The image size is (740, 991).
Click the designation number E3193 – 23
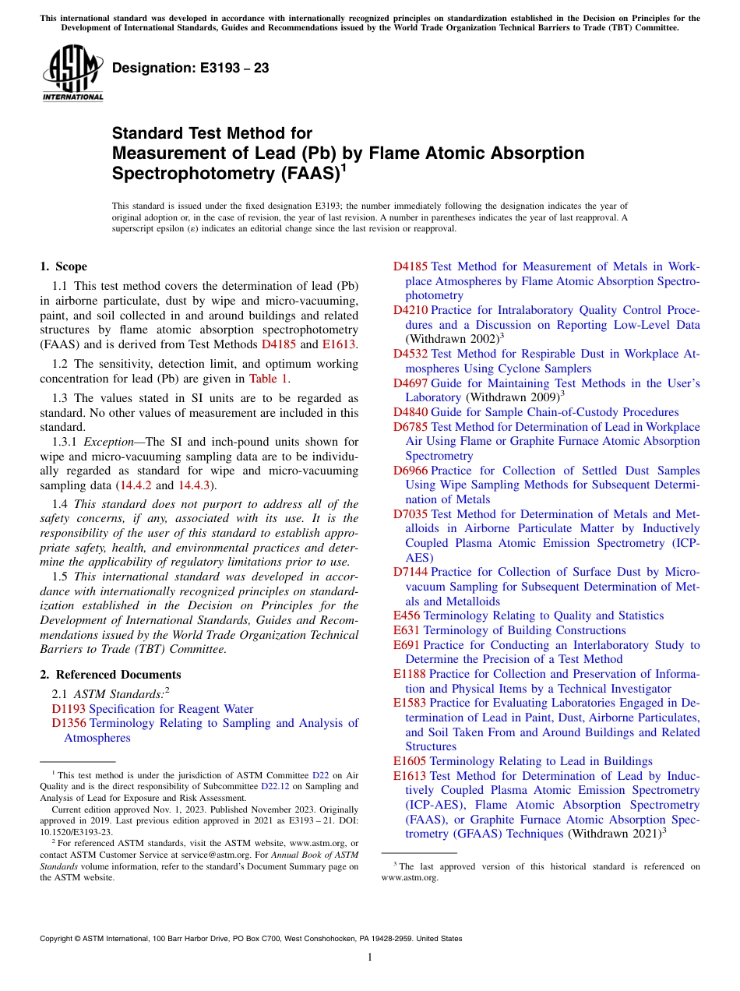click(x=191, y=69)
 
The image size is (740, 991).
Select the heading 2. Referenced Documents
click(x=111, y=675)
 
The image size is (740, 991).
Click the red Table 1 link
click(x=269, y=379)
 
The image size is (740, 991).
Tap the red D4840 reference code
click(x=410, y=412)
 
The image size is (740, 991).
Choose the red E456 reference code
click(x=407, y=615)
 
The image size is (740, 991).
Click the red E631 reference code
click(x=407, y=630)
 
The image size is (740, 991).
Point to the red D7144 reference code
click(x=410, y=572)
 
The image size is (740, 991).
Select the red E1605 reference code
click(x=410, y=761)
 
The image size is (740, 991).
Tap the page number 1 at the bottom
click(x=370, y=957)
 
